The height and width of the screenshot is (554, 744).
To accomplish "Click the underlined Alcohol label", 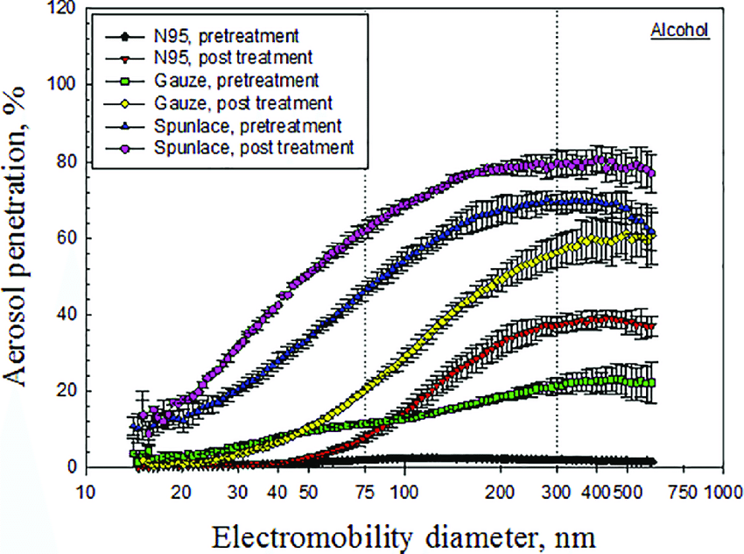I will [679, 30].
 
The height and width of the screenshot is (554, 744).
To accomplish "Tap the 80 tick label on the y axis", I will [67, 162].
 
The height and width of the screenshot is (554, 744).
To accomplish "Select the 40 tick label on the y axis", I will [67, 315].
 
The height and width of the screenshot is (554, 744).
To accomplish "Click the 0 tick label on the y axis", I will [73, 467].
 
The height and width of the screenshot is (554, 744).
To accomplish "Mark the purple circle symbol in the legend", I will [125, 146].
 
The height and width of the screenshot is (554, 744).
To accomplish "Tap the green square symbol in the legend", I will [125, 81].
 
